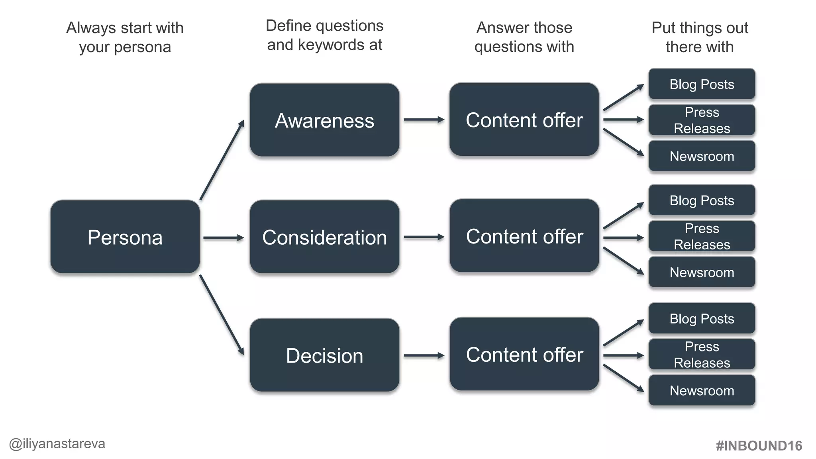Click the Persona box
point(125,237)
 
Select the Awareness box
point(324,120)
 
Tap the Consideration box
point(324,237)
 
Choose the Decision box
point(324,355)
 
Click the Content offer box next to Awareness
point(524,120)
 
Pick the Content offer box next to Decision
point(524,354)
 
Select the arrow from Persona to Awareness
point(222,160)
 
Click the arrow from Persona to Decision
point(222,314)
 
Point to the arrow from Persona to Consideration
point(223,238)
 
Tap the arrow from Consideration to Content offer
point(424,237)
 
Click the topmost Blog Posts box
point(702,84)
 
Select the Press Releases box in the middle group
point(702,236)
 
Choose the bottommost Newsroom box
point(702,390)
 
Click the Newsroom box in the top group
point(702,156)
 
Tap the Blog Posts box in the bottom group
point(702,318)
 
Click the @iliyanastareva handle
point(57,444)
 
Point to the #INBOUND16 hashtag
point(759,445)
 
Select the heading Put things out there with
point(700,37)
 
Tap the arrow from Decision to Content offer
point(424,355)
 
